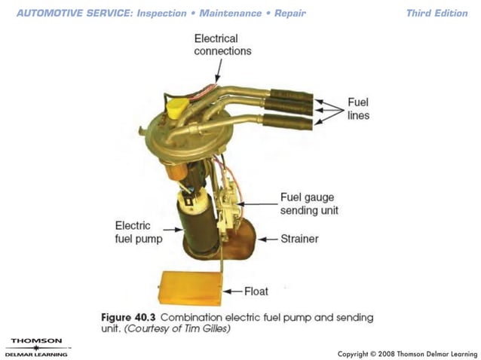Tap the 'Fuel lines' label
point(358,108)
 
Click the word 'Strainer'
point(299,239)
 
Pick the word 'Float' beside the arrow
point(256,290)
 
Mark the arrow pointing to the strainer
point(268,239)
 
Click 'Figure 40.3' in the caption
point(125,318)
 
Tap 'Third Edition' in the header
point(437,13)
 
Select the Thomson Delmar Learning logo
point(36,347)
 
